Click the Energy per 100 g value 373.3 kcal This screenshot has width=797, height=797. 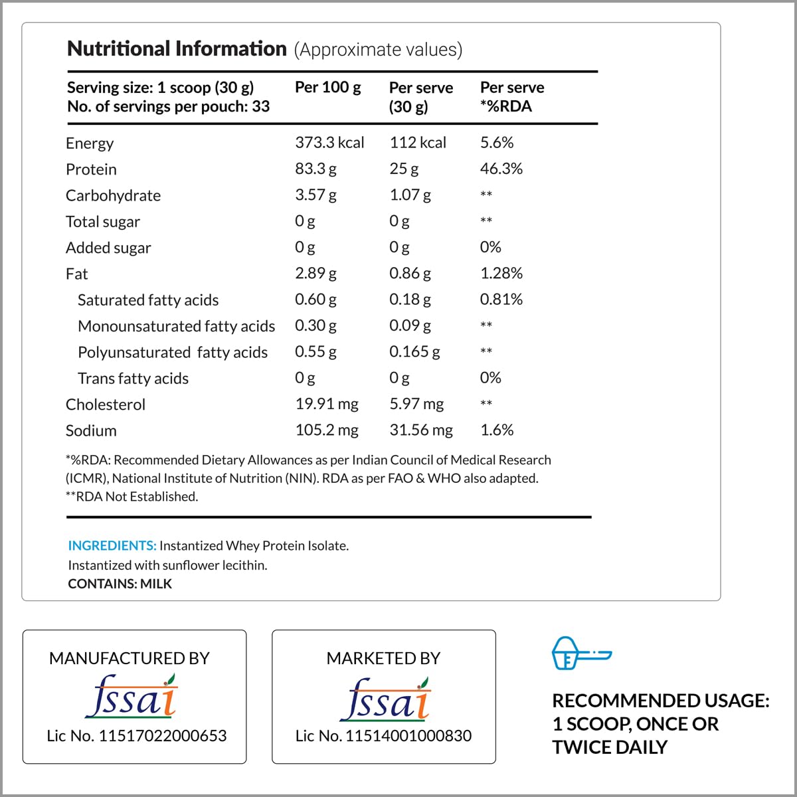pyautogui.click(x=329, y=143)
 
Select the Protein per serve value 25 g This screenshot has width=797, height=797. pyautogui.click(x=404, y=169)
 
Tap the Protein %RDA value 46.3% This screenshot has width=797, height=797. pyautogui.click(x=501, y=169)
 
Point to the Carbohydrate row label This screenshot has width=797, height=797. pyautogui.click(x=113, y=195)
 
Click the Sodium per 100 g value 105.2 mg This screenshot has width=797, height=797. pyautogui.click(x=327, y=430)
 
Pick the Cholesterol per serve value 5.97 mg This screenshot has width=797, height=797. pyautogui.click(x=416, y=404)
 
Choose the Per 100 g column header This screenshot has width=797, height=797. pyautogui.click(x=327, y=88)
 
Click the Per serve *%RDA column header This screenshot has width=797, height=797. pyautogui.click(x=511, y=97)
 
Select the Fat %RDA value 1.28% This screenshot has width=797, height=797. pyautogui.click(x=501, y=273)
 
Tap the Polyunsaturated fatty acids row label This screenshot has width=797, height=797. pyautogui.click(x=173, y=352)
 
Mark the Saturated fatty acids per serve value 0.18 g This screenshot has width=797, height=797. pyautogui.click(x=410, y=300)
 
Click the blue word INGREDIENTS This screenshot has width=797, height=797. pyautogui.click(x=112, y=546)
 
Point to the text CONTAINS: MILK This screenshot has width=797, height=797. pyautogui.click(x=120, y=584)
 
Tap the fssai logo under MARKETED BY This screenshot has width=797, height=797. pyautogui.click(x=386, y=699)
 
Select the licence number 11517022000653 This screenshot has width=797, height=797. pyautogui.click(x=162, y=736)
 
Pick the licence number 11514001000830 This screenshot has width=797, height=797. pyautogui.click(x=408, y=736)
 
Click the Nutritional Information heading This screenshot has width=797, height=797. pyautogui.click(x=177, y=49)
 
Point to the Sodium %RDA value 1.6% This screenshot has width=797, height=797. pyautogui.click(x=497, y=430)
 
